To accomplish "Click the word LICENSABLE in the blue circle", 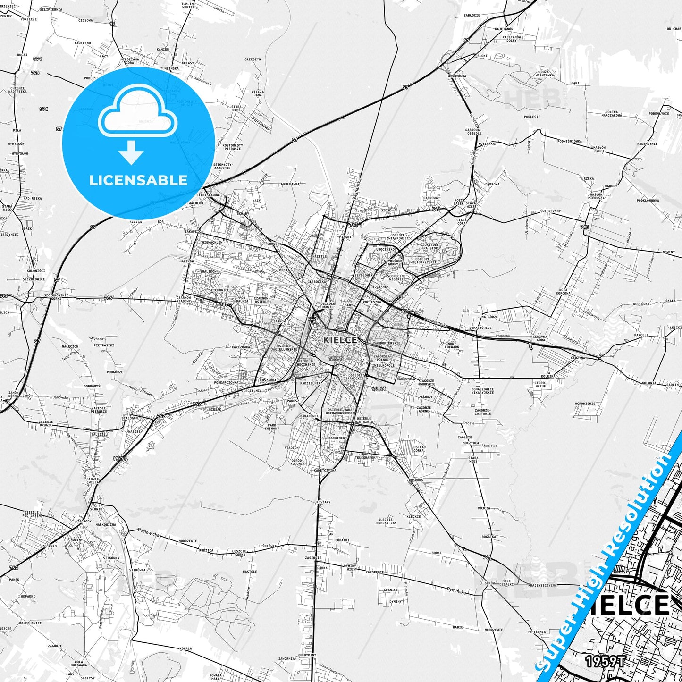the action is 138,180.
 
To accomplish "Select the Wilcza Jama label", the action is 257,93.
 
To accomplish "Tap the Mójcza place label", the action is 484,508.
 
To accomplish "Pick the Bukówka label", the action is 416,480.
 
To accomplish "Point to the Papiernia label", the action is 537,632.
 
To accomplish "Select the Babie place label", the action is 457,627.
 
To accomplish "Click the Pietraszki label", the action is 104,345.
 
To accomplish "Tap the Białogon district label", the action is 130,418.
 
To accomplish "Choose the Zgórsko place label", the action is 50,545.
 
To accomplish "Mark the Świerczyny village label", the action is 550,211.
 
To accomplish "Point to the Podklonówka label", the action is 648,200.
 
